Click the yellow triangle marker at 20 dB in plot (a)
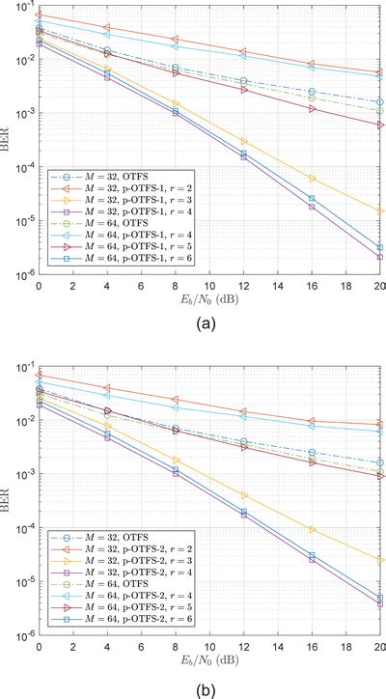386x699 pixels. click(x=379, y=210)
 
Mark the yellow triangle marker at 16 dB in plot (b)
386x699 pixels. click(x=311, y=529)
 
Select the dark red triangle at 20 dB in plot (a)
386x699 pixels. click(x=379, y=125)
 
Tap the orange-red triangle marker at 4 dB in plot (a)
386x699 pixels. click(x=106, y=27)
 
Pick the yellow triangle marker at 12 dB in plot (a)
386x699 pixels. click(x=243, y=141)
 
